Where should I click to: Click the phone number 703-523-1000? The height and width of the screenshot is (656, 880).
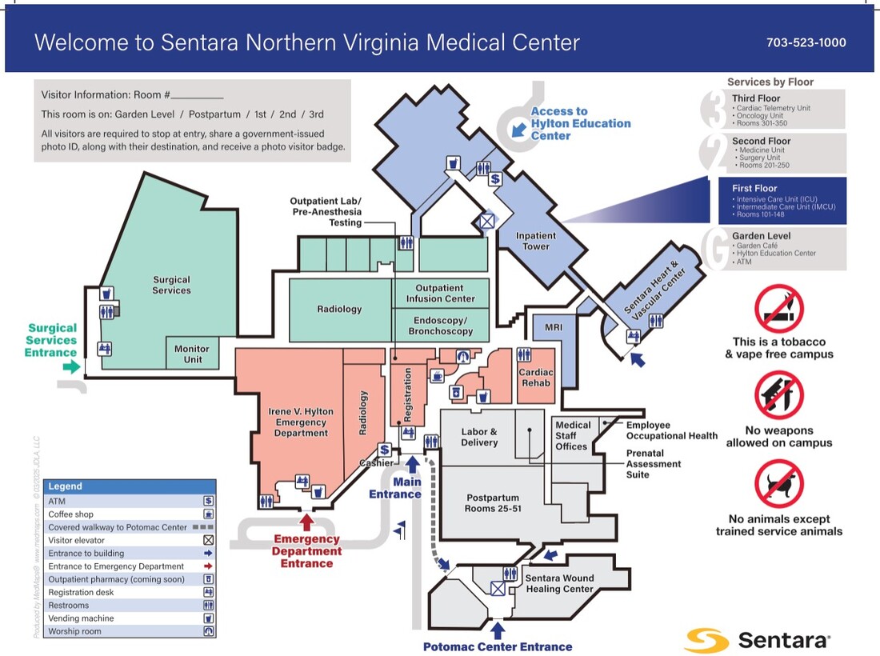tap(806, 42)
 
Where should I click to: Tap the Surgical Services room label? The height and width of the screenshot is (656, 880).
tap(171, 285)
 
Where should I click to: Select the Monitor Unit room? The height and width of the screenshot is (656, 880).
tap(192, 354)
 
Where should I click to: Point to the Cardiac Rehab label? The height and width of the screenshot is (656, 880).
tap(535, 377)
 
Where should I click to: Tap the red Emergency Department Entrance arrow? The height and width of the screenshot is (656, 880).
tap(306, 522)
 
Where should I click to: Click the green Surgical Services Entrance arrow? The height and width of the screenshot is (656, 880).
tap(72, 366)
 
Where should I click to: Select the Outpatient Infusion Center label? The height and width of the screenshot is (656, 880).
tap(440, 294)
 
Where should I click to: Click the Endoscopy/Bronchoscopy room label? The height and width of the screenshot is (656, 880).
tap(440, 326)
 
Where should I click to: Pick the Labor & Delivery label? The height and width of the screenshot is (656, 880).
tap(479, 437)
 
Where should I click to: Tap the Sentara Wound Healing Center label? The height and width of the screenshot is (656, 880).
tap(559, 583)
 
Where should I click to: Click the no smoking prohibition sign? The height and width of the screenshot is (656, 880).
tap(779, 310)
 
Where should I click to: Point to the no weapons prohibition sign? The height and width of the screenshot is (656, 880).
tap(779, 395)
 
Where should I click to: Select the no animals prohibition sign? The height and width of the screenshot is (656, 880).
tap(779, 484)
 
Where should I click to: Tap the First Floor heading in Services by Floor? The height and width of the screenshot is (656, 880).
tap(754, 189)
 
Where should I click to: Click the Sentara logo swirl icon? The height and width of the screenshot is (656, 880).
tap(706, 640)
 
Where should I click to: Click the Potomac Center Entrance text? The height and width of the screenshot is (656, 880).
tap(498, 646)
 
